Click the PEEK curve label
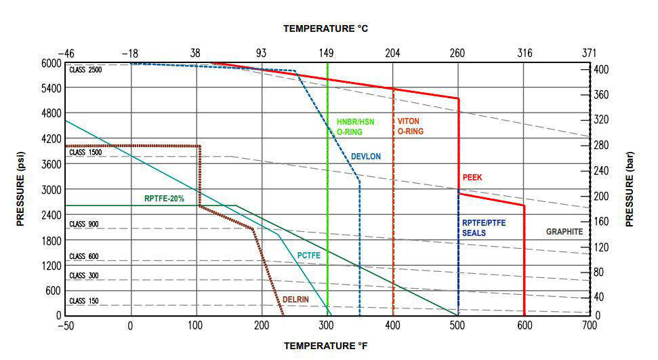(472, 178)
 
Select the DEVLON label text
(366, 157)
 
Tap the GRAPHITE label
(564, 232)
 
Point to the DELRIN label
(297, 298)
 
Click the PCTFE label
(308, 256)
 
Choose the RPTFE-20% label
(164, 199)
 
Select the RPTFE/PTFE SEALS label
(484, 228)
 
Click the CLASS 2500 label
(85, 70)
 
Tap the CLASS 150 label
(84, 301)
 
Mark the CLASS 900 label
(84, 224)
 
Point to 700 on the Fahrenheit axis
(590, 326)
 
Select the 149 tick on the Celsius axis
(327, 53)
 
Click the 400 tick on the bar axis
(600, 69)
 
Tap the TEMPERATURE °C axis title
(325, 28)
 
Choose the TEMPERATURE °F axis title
(325, 346)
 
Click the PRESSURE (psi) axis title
(21, 189)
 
